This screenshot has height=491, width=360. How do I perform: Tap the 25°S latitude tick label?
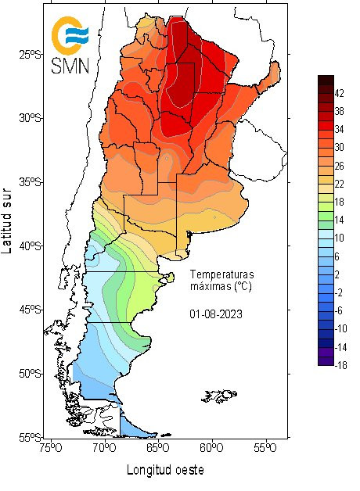(x=30, y=54)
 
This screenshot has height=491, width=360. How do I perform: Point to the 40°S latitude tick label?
(x=30, y=245)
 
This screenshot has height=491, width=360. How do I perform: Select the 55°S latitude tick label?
(x=30, y=437)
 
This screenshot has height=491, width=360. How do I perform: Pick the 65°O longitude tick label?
(x=157, y=448)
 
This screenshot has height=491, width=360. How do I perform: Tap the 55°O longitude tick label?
(x=265, y=448)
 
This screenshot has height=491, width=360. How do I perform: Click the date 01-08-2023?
(x=215, y=314)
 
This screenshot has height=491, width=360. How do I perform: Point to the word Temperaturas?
(x=221, y=274)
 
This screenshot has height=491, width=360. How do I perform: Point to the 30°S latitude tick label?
(x=30, y=118)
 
